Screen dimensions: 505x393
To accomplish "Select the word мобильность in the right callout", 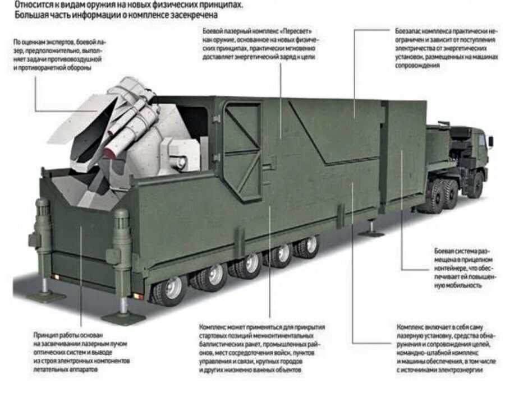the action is (x=462, y=285).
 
